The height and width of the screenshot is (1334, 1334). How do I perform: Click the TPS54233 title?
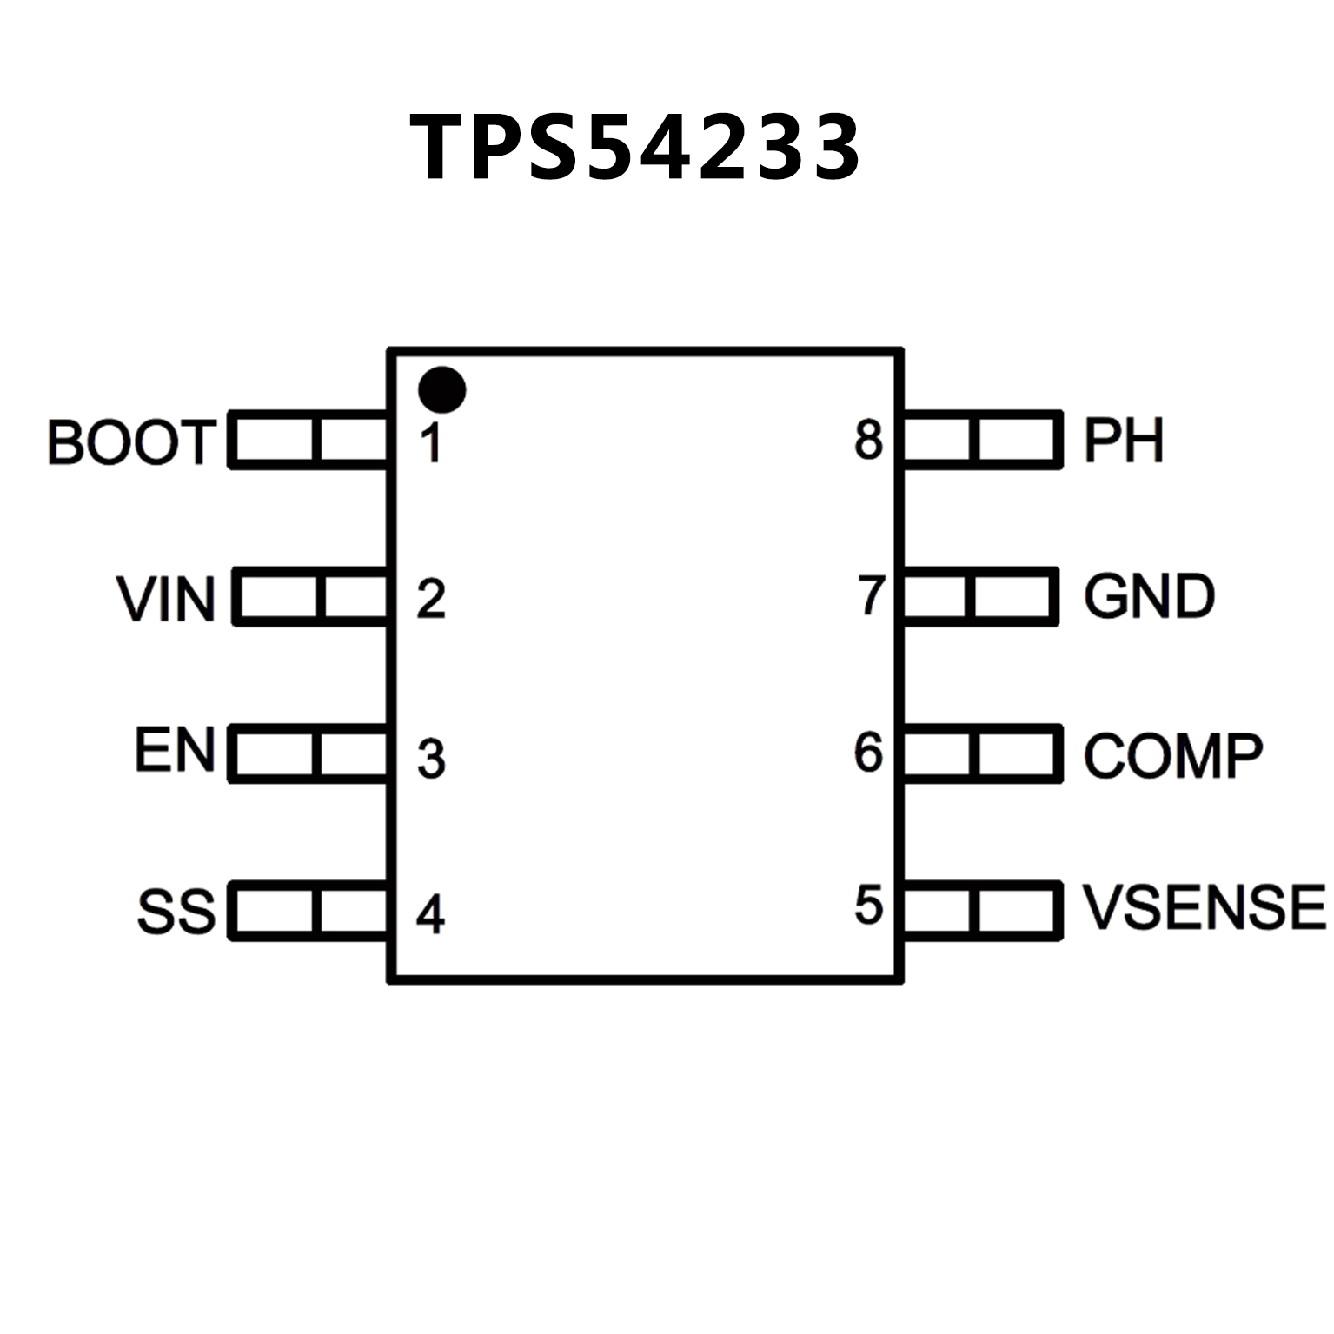click(635, 147)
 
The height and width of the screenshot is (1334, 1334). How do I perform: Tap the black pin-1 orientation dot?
click(441, 389)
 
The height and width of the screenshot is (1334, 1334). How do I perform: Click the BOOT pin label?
click(131, 441)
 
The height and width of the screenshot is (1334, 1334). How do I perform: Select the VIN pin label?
click(166, 599)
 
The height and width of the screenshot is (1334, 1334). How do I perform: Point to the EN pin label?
click(175, 751)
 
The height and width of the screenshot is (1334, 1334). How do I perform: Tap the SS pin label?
click(176, 911)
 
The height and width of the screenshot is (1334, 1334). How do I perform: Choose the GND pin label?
click(1149, 597)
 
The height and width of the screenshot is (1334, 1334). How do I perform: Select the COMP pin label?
click(1172, 754)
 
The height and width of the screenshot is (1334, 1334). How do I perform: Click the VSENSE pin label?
click(1204, 907)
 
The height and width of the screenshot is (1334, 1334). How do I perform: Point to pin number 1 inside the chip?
click(430, 442)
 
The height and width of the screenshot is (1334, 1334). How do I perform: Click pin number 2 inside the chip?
click(431, 599)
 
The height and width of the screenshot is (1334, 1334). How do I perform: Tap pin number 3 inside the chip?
click(431, 757)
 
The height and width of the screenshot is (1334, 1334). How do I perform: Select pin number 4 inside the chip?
click(431, 913)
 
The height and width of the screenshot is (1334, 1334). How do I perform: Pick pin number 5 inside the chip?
click(868, 905)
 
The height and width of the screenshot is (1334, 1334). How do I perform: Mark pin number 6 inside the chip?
click(868, 752)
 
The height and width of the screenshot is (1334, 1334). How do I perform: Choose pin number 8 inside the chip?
click(868, 440)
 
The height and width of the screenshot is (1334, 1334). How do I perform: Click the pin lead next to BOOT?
click(309, 440)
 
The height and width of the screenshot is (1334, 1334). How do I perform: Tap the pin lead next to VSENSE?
click(982, 910)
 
